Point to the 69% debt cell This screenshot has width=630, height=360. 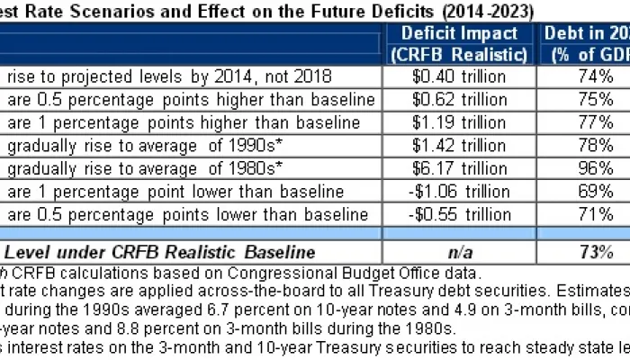point(587,192)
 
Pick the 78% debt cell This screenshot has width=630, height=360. point(587,145)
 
